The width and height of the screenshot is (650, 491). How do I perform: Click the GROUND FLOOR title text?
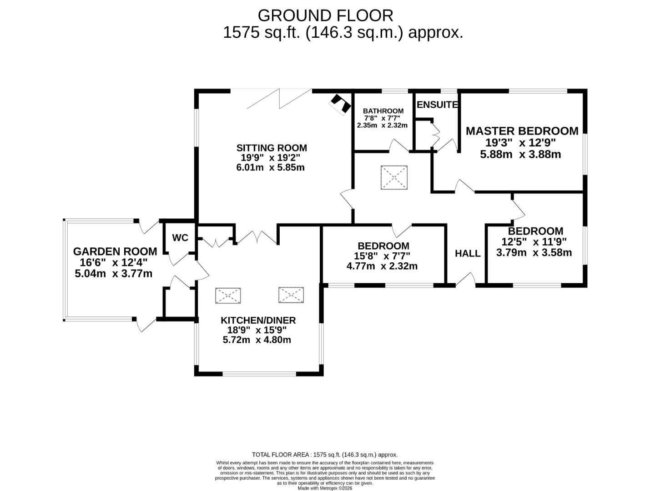325,15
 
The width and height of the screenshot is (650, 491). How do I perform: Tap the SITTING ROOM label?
272,148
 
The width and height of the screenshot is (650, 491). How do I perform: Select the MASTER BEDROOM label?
522,131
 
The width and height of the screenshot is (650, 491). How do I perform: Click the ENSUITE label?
437,105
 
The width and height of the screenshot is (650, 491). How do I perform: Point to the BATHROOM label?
383,111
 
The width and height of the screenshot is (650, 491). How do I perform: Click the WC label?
180,238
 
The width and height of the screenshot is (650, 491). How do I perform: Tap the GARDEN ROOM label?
115,251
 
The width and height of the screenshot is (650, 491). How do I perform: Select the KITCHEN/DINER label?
258,321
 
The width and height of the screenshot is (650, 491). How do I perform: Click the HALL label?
468,253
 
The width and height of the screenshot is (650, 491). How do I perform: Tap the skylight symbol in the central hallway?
394,177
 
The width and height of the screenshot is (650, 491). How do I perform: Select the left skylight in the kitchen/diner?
228,296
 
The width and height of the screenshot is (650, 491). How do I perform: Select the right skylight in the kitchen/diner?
291,295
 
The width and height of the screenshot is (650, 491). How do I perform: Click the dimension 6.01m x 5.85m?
270,167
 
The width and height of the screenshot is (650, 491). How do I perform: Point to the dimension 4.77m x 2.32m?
382,266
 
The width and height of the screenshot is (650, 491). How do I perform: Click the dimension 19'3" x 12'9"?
520,142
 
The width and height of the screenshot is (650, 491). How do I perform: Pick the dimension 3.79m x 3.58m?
534,253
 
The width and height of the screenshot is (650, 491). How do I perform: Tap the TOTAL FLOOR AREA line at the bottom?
325,455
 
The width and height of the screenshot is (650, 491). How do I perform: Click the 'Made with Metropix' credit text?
325,488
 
